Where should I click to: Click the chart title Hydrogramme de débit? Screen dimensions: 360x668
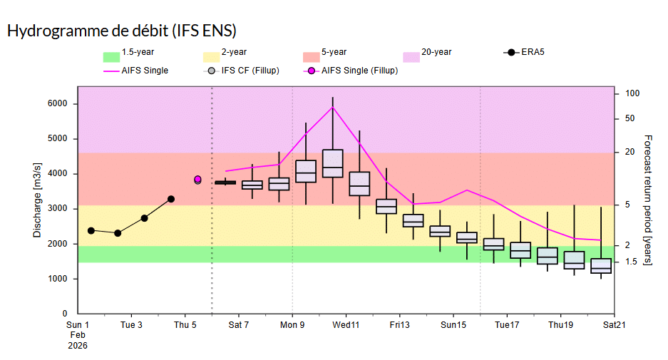pos(121,31)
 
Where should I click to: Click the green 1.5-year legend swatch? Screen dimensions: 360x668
pos(111,56)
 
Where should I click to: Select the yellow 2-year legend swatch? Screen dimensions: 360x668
pos(211,56)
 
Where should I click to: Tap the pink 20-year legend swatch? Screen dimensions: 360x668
pos(411,56)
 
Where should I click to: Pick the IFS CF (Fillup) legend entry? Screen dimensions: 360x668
pos(242,71)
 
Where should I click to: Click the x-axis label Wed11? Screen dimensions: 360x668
pos(346,325)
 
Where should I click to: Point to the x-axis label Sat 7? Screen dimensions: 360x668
pos(238,325)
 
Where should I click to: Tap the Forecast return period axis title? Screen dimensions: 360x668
pos(647,200)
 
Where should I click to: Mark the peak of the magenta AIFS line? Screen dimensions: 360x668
pos(332,107)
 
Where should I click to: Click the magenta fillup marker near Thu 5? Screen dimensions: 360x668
pos(197,180)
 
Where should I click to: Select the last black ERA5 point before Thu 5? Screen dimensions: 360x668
pos(171,199)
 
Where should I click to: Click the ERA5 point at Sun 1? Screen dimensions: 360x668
pos(91,230)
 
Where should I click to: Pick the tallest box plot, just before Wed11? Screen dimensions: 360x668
pos(332,163)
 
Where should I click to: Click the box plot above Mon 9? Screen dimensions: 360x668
pos(306,171)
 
